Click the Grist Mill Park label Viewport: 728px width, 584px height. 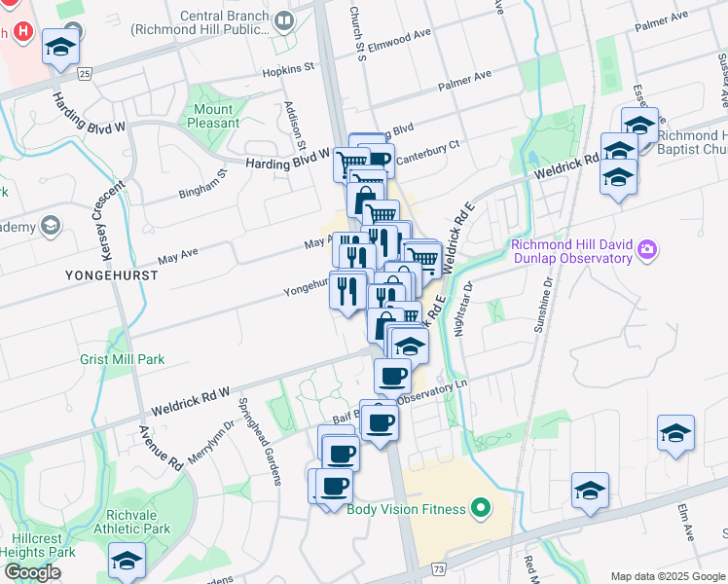coord(122,359)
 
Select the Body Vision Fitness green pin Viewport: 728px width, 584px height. coord(480,508)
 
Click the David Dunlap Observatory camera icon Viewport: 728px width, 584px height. coord(646,252)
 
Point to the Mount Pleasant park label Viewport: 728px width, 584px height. coord(214,116)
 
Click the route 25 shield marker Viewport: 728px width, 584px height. coord(84,73)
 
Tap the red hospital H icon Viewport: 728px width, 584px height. coord(23,31)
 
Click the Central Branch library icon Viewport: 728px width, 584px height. coord(284,19)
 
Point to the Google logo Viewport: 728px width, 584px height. coord(32,572)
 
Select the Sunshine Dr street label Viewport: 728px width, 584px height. coord(542,305)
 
